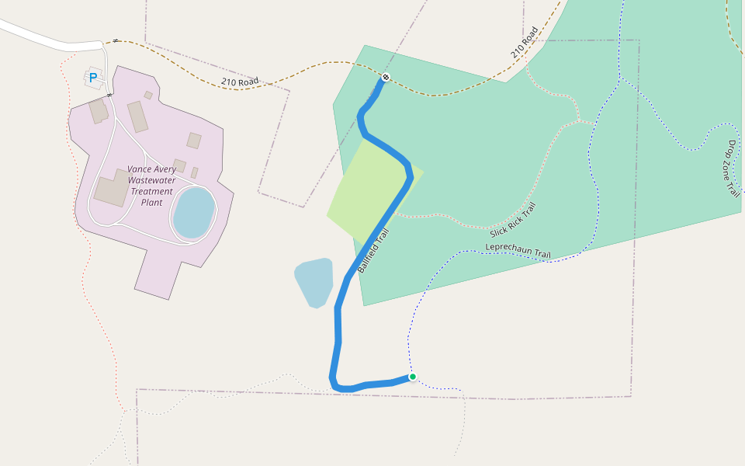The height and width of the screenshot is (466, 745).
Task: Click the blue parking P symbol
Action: tap(93, 78)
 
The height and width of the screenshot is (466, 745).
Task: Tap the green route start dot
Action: tap(413, 377)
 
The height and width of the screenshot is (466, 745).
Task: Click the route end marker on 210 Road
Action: tap(386, 78)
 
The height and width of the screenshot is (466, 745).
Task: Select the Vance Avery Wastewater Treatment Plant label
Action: tap(151, 186)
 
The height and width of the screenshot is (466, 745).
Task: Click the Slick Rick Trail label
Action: tap(513, 221)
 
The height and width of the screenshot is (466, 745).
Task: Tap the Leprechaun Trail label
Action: tap(518, 251)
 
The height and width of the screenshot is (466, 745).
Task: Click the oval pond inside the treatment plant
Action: tap(193, 212)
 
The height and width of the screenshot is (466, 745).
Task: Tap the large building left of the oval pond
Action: tap(113, 189)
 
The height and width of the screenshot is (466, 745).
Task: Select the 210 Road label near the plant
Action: tap(239, 82)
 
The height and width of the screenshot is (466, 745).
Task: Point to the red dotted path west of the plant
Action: tap(81, 233)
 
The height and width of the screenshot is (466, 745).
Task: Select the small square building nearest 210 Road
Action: tap(148, 95)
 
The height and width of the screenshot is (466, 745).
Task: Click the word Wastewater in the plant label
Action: tap(152, 180)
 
